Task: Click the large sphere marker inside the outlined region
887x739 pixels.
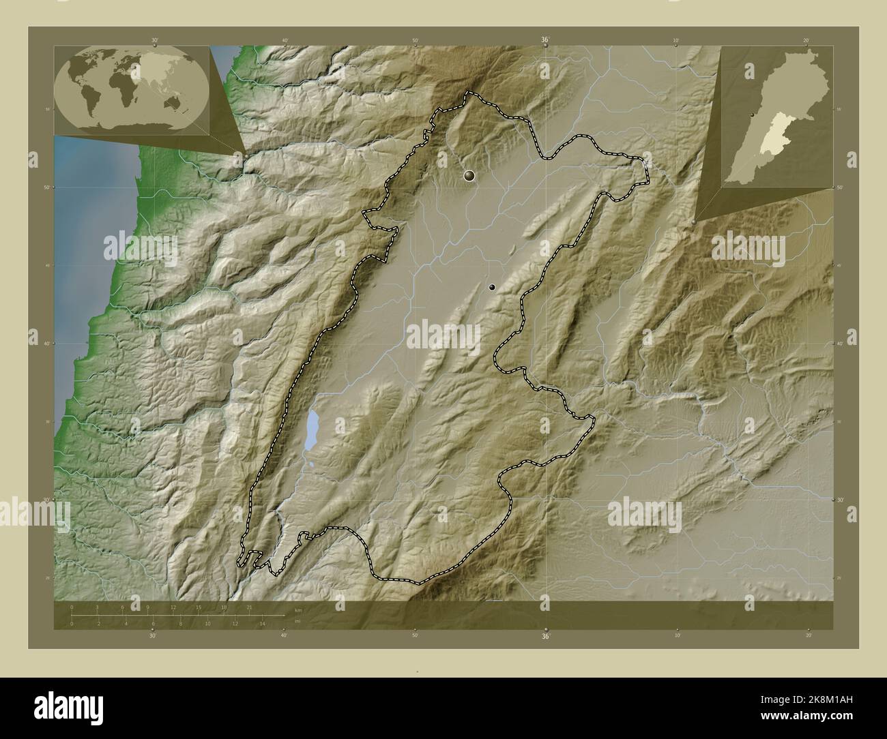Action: point(469,176)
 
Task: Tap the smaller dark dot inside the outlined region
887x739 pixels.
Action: point(492,288)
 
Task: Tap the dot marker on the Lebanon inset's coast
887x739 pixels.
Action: point(752,115)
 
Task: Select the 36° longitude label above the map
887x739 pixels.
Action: point(546,40)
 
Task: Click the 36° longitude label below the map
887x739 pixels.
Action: point(546,636)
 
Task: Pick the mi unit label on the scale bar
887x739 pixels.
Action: point(297,621)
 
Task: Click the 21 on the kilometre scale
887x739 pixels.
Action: point(250,607)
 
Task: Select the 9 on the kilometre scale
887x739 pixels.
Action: point(148,607)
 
